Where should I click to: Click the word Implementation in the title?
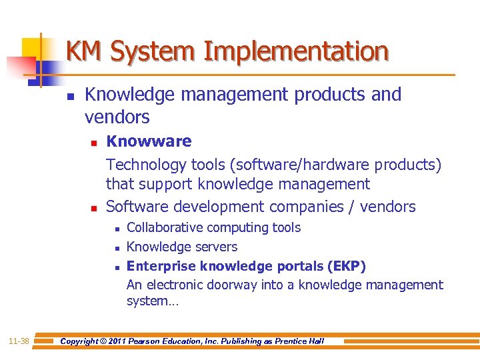296,51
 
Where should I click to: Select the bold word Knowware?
149,141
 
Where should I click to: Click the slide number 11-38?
19,341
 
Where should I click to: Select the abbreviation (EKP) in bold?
346,266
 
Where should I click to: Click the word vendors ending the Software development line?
387,207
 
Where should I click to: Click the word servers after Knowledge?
215,247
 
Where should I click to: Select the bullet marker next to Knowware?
94,142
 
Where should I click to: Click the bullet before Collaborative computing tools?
117,229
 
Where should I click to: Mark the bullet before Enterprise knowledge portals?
117,267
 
